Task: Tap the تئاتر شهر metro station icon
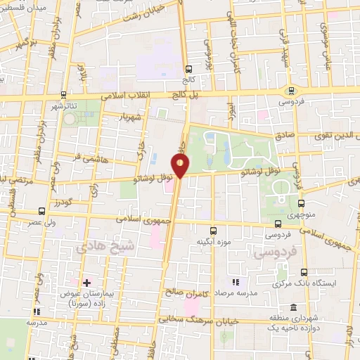point(64,95)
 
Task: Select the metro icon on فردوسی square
point(290,90)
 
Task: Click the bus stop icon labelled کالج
point(188,69)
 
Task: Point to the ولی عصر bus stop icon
point(41,210)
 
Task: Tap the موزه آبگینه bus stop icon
point(214,230)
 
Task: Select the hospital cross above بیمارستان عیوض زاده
point(86,283)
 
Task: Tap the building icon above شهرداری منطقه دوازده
point(293,307)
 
